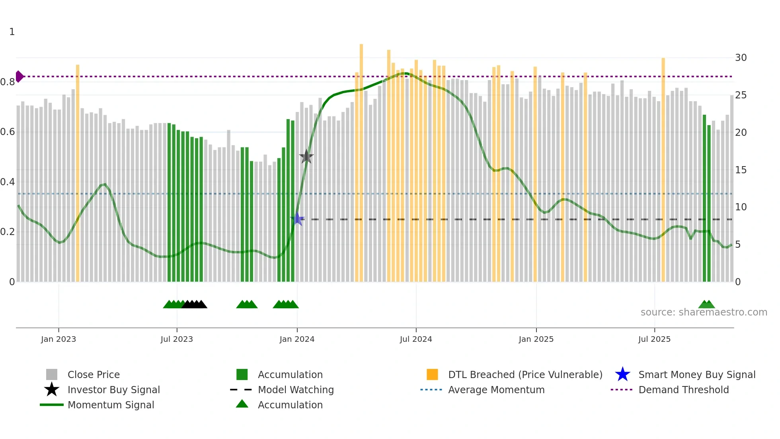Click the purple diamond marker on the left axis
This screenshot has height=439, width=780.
(x=19, y=76)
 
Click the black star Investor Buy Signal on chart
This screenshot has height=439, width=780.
(x=306, y=157)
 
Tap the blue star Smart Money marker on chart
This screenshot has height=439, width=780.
(x=297, y=219)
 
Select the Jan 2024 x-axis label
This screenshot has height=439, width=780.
(x=297, y=339)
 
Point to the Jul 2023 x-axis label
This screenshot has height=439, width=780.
(x=177, y=339)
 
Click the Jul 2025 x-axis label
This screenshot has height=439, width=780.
(x=654, y=339)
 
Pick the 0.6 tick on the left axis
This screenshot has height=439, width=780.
(x=8, y=132)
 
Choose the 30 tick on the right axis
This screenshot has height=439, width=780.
(x=741, y=58)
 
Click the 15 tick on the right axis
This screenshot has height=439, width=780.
(x=741, y=170)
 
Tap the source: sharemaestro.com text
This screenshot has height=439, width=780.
(x=704, y=312)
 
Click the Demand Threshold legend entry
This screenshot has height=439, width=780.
(x=683, y=390)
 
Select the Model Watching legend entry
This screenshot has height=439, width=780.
(x=296, y=390)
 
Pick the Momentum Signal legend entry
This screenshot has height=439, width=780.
(x=111, y=405)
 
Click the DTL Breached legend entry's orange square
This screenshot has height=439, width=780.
(x=432, y=374)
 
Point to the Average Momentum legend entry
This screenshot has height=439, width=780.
(x=496, y=390)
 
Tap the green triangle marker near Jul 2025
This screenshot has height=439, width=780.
(x=706, y=304)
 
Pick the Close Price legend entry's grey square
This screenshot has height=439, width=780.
(x=52, y=374)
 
